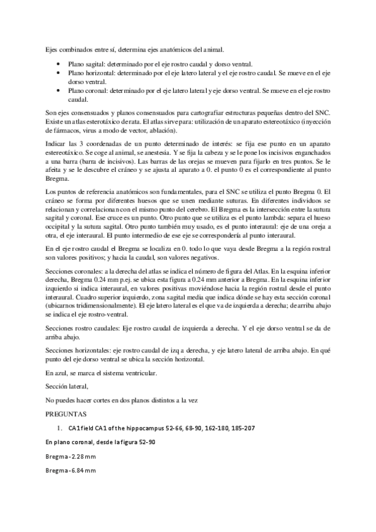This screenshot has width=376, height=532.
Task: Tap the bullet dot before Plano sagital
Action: [x=58, y=64]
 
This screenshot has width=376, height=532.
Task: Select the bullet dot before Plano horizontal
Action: [x=58, y=73]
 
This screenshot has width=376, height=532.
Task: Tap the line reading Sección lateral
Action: [x=67, y=386]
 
